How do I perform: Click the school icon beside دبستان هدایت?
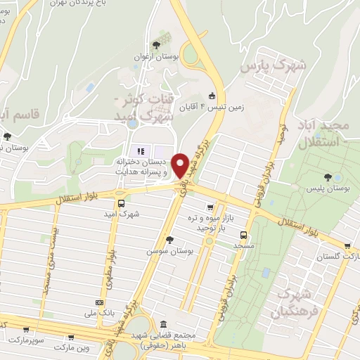pyautogui.click(x=140, y=150)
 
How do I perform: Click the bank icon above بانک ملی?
pyautogui.click(x=90, y=302)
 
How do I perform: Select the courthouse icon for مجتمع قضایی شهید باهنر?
pyautogui.click(x=163, y=325)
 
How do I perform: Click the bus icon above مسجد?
pyautogui.click(x=243, y=236)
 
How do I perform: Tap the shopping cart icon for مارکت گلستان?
pyautogui.click(x=347, y=246)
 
